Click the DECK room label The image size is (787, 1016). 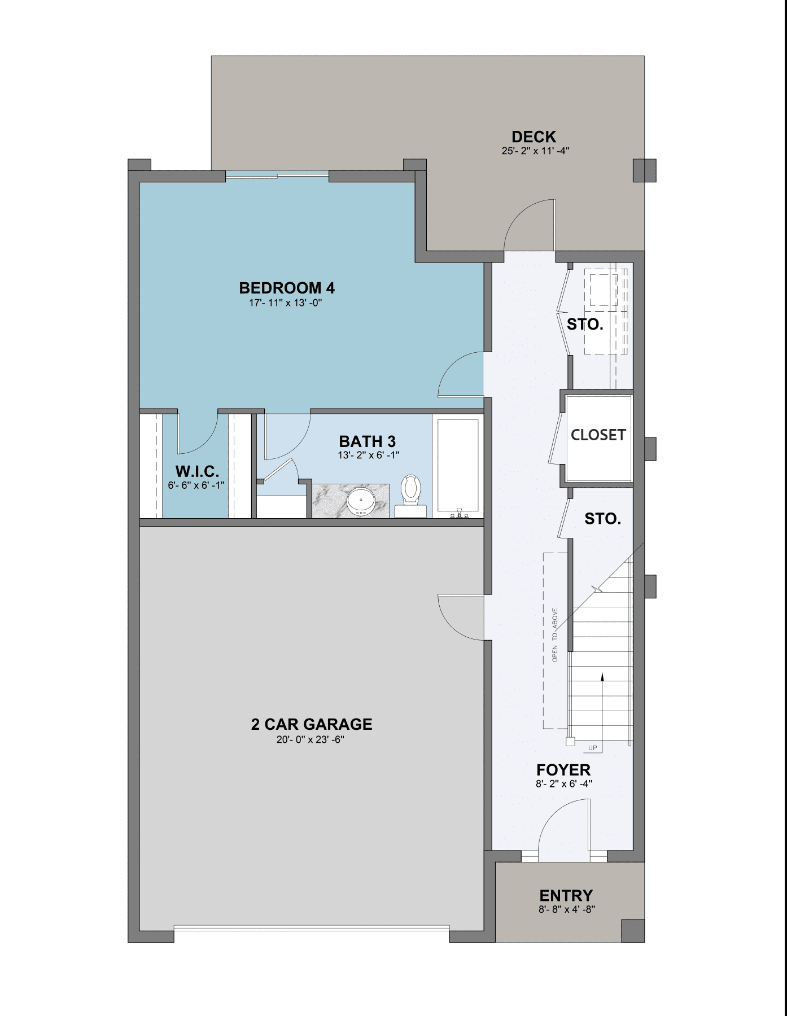pos(534,137)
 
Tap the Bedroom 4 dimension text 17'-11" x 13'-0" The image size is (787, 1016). pos(286,303)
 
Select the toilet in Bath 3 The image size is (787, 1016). pos(410,491)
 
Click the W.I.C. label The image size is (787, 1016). pos(196,471)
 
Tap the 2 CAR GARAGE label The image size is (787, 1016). pos(311,724)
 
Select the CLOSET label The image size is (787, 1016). pos(598,435)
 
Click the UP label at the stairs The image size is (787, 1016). pos(592,748)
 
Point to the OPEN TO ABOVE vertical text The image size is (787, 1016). pos(555,635)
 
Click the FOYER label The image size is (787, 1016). pos(563,770)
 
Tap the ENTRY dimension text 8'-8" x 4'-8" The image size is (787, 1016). pos(566,909)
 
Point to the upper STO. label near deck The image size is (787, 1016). pos(585,325)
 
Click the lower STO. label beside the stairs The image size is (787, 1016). pos(602,519)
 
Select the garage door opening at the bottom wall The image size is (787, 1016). pos(311,929)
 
